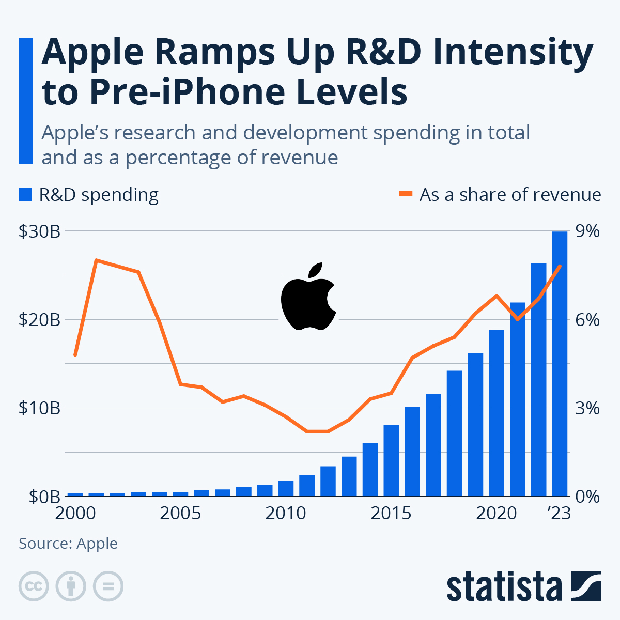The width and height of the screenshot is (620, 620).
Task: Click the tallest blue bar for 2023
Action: coord(560,364)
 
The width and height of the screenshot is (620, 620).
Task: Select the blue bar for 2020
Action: coord(497,413)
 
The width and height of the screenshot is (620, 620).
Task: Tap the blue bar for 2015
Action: coord(391,460)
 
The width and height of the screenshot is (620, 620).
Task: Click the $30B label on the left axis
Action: coord(39,231)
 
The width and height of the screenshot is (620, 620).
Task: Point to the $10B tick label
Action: coord(39,408)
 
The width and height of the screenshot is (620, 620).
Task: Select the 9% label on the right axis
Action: coord(587,231)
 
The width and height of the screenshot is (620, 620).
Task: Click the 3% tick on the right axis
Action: coord(587,408)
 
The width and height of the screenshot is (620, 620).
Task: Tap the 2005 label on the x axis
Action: coord(180,514)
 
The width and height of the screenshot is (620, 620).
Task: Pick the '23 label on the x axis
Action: coord(559,514)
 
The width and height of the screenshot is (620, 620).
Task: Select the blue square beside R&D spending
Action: coord(25,195)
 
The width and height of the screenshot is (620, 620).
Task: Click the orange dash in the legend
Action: coord(406,195)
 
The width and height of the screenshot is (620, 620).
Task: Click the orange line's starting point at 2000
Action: coord(75,355)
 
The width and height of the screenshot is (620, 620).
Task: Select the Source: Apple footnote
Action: coord(68,544)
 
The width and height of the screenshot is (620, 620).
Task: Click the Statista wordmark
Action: coord(504,586)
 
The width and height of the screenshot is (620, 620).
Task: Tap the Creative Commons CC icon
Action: coord(34,586)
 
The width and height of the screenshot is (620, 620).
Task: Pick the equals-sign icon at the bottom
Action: coord(108,586)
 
